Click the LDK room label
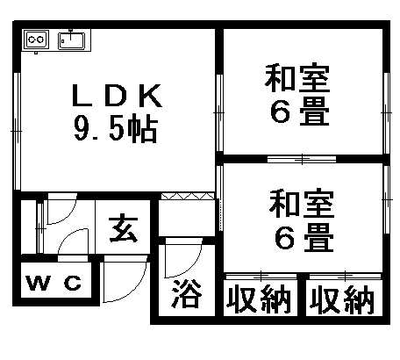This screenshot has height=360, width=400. click(x=117, y=96)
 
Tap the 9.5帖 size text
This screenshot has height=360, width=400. click(x=116, y=129)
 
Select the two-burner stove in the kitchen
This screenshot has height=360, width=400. click(x=36, y=40)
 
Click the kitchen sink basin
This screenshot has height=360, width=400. click(x=71, y=40)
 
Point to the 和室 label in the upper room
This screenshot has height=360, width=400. click(x=297, y=77)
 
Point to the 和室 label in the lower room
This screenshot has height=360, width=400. click(x=302, y=204)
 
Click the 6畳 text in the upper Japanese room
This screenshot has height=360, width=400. click(x=300, y=112)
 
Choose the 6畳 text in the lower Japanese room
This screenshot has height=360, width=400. click(x=304, y=238)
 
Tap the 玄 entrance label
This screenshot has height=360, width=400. click(x=124, y=230)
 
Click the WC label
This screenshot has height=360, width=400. click(x=54, y=283)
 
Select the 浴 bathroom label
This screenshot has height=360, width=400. click(x=187, y=293)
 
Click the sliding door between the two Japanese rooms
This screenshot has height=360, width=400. click(x=302, y=159)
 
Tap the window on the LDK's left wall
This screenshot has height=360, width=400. click(x=17, y=131)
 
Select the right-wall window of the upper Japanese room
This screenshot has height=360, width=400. click(x=387, y=112)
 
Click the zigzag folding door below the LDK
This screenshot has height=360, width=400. click(x=188, y=196)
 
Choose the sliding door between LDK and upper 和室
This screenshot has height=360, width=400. click(x=219, y=112)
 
